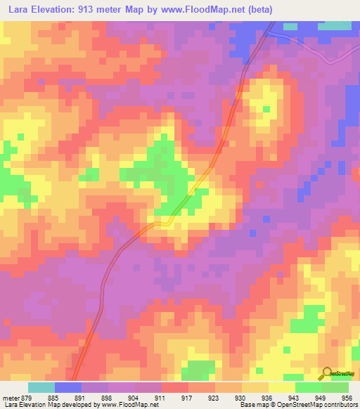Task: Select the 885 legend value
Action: click(x=55, y=396)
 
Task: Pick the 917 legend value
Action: click(x=188, y=396)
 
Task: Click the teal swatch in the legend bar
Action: click(x=41, y=387)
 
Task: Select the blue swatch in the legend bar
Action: click(x=68, y=387)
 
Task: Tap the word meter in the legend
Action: click(x=11, y=396)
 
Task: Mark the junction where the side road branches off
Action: click(x=272, y=31)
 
